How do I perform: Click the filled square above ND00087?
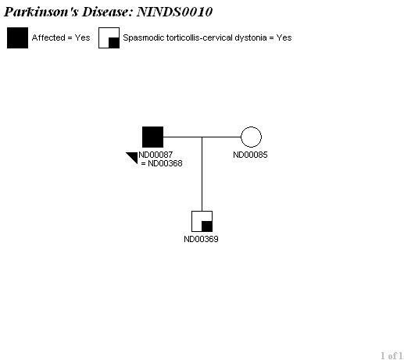(152, 137)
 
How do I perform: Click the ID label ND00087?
(156, 155)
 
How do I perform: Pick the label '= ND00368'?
(162, 163)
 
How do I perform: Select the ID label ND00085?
(250, 155)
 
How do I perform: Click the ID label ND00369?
(201, 239)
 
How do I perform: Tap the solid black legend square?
(17, 37)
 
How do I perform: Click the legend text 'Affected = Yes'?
(61, 37)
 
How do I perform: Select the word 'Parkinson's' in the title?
(41, 12)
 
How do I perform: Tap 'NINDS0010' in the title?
(174, 12)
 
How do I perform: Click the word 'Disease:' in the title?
(108, 12)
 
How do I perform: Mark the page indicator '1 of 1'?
(391, 355)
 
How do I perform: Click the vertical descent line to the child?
(202, 174)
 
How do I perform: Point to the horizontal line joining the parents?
(202, 137)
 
